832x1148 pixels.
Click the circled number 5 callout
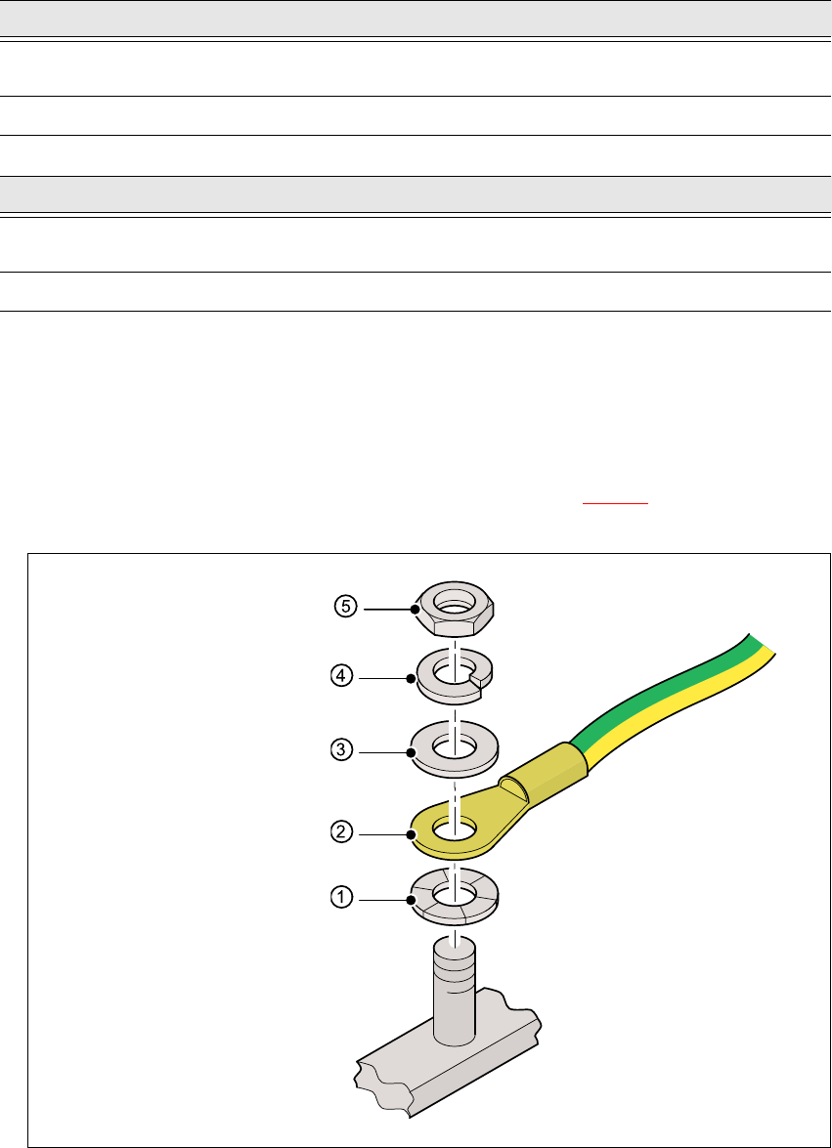(x=346, y=608)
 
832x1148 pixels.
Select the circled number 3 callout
(x=342, y=750)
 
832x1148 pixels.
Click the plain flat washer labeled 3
(x=454, y=750)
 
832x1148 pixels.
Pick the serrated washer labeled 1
(x=454, y=896)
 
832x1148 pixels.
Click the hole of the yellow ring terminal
(x=454, y=829)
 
